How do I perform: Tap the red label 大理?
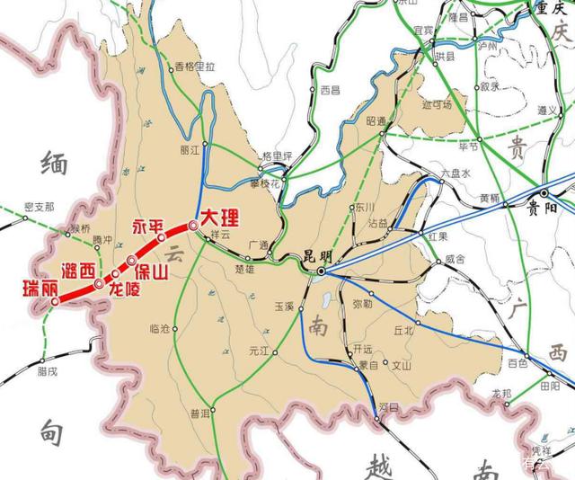pos(221,218)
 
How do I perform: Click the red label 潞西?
pos(78,270)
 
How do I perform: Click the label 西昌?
pos(332,90)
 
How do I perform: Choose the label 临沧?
pos(158,329)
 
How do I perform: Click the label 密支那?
pos(40,206)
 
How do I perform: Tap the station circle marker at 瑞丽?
pos(55,302)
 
